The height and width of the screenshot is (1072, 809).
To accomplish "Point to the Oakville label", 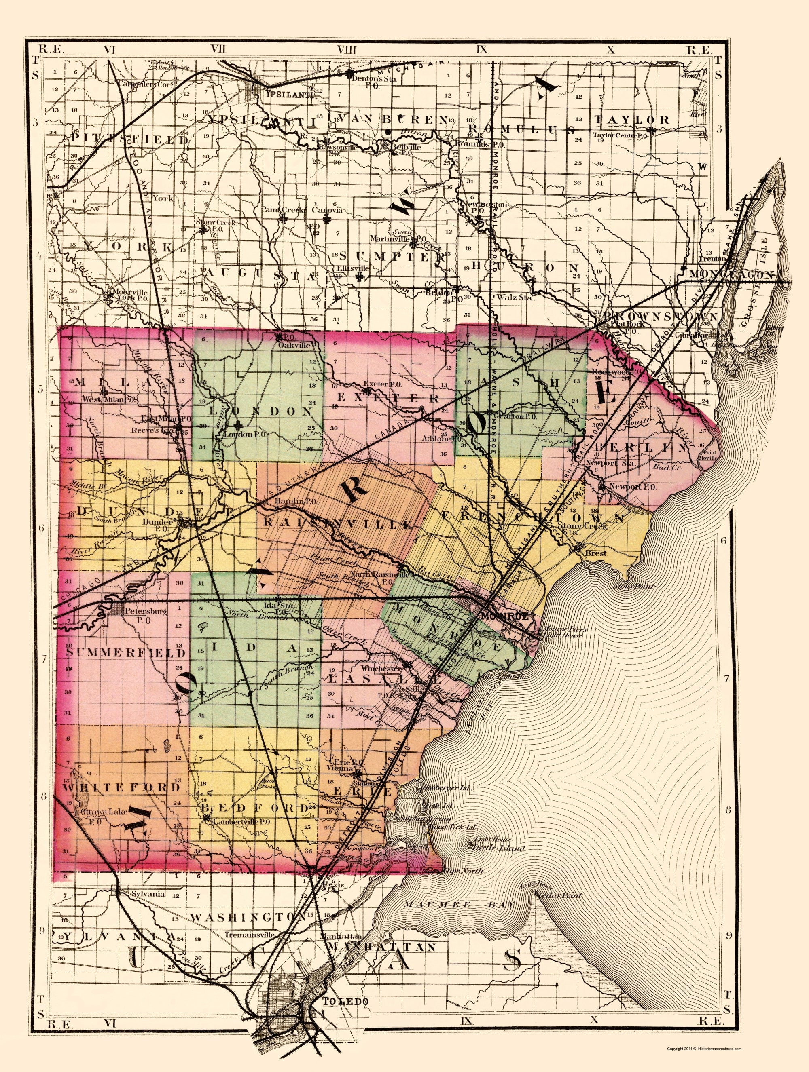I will tap(294, 346).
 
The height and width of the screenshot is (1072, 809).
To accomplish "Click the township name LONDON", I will tap(260, 411).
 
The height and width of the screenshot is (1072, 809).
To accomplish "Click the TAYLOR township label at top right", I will tap(632, 120).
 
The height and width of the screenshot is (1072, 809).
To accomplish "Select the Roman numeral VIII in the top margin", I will tap(347, 49).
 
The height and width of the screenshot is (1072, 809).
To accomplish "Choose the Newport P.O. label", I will tap(629, 486).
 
